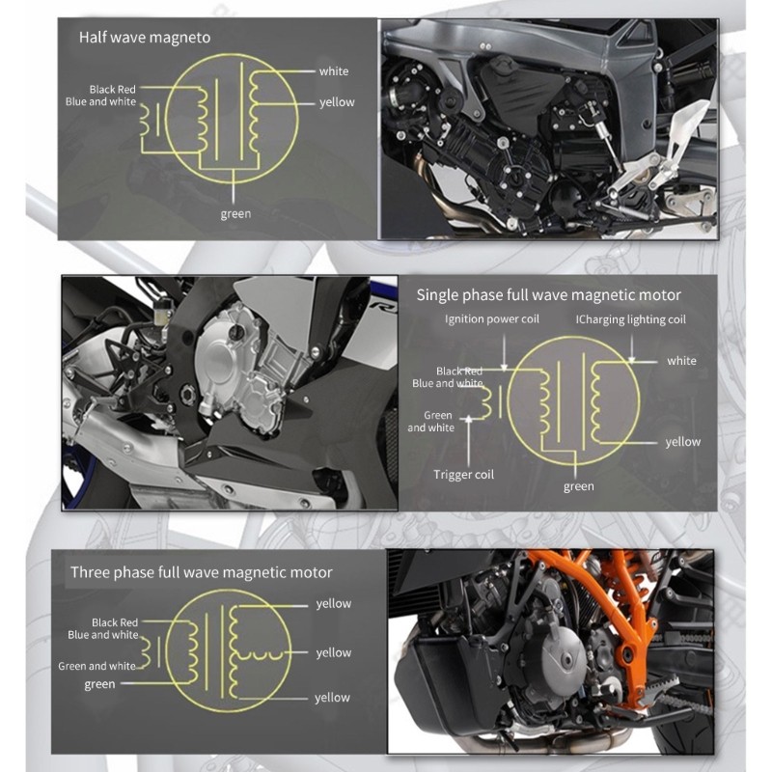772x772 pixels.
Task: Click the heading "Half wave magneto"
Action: pos(145,38)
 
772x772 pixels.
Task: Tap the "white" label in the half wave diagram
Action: pos(334,71)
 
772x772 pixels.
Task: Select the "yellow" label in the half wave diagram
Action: pos(337,102)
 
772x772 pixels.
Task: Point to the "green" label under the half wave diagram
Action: pos(235,214)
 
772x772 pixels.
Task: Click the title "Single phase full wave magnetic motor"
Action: pos(548,295)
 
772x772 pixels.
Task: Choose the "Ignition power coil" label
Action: pos(492,319)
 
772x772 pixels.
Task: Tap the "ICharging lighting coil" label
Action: pos(631,319)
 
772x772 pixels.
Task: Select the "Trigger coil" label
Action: pos(463,475)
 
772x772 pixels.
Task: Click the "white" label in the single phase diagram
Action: pos(681,361)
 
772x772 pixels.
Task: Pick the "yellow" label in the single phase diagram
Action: pos(683,442)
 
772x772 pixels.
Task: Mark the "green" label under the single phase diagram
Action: pos(578,487)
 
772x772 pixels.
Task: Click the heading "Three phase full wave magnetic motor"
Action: pos(202,572)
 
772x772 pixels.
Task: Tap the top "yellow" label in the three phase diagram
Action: pos(333,604)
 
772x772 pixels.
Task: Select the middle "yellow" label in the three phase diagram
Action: pos(333,653)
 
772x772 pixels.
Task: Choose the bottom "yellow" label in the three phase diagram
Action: pos(332,698)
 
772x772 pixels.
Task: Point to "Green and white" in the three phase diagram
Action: pos(97,666)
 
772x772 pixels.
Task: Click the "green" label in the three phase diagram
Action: pos(99,684)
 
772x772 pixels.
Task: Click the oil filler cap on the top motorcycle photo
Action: pos(503,64)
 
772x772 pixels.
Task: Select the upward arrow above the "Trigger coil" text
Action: pos(469,440)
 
